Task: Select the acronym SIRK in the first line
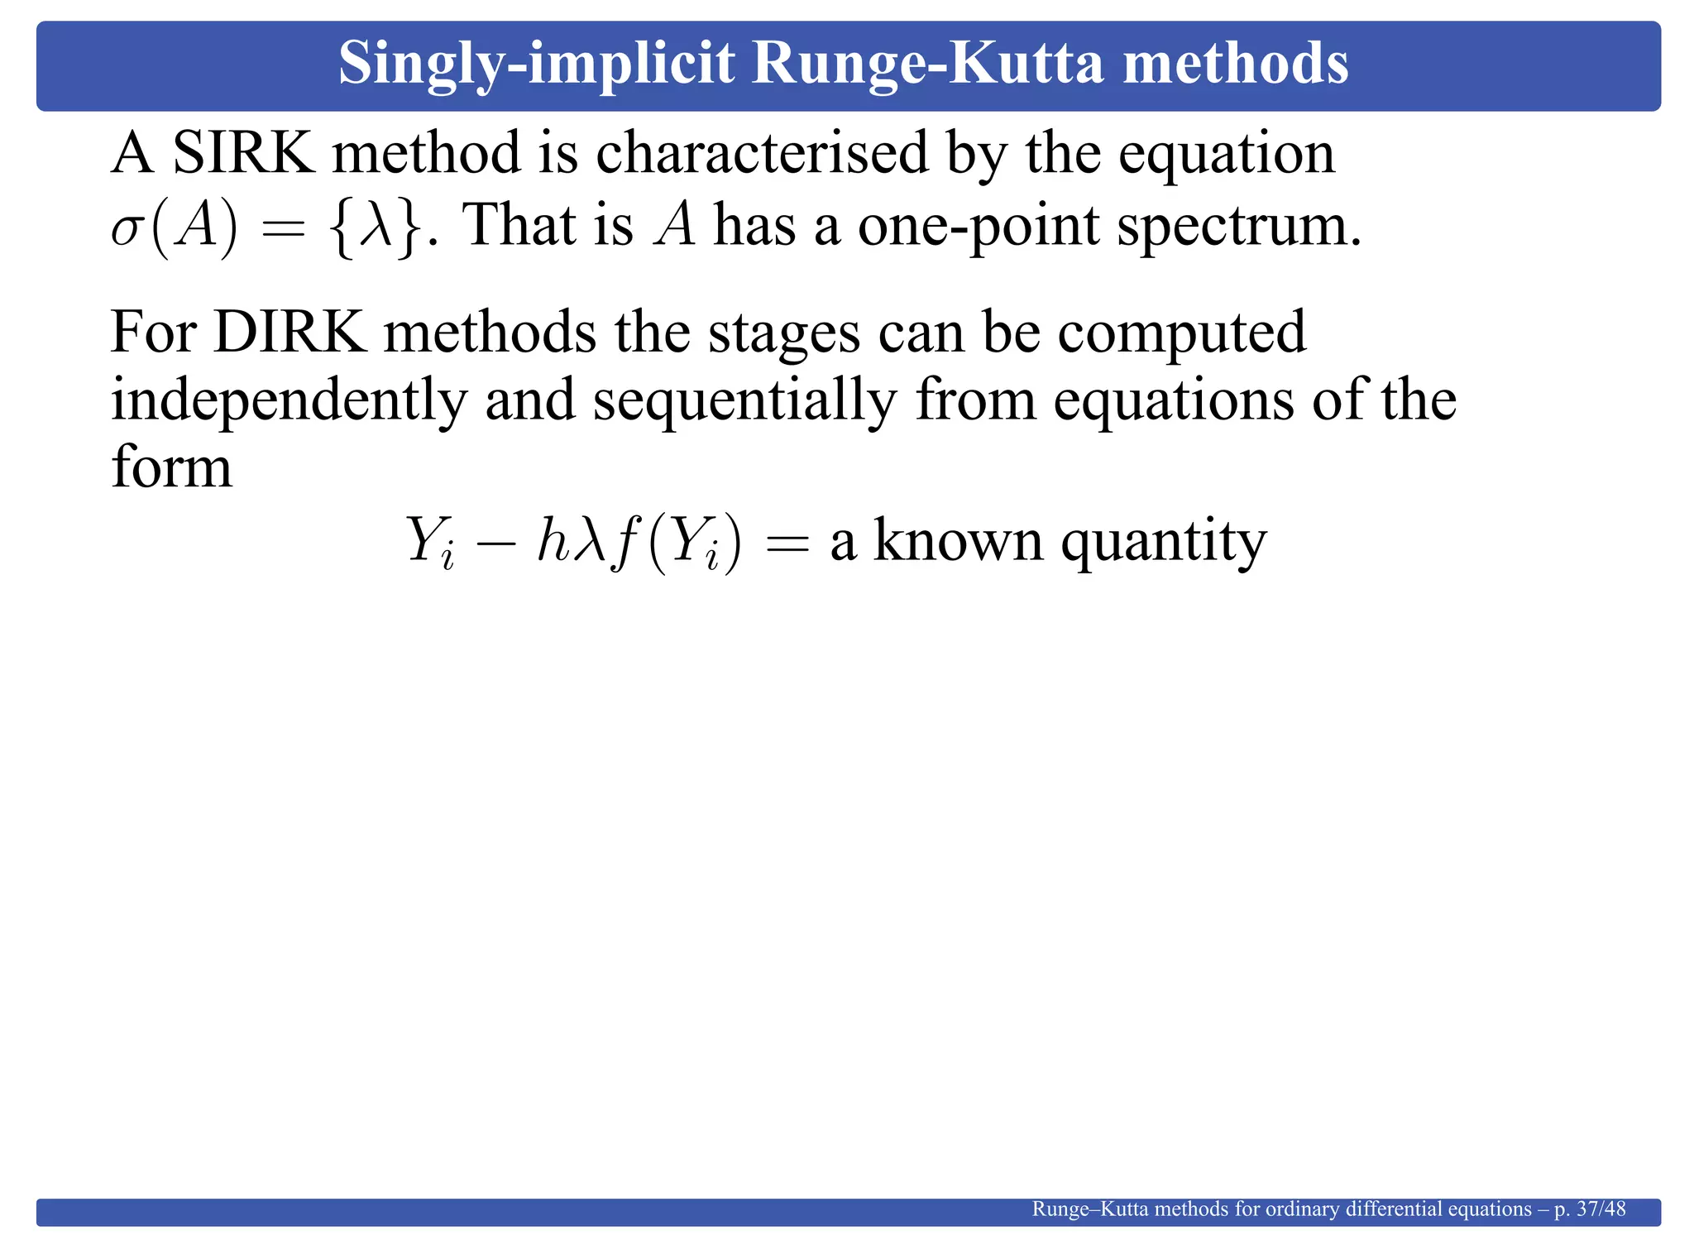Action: (243, 153)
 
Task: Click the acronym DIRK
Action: (290, 333)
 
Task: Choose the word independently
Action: (289, 402)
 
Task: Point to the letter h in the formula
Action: (552, 540)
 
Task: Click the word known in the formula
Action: (958, 541)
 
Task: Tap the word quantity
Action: (1163, 543)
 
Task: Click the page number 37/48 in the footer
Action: (1601, 1209)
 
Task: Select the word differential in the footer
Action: (1393, 1209)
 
